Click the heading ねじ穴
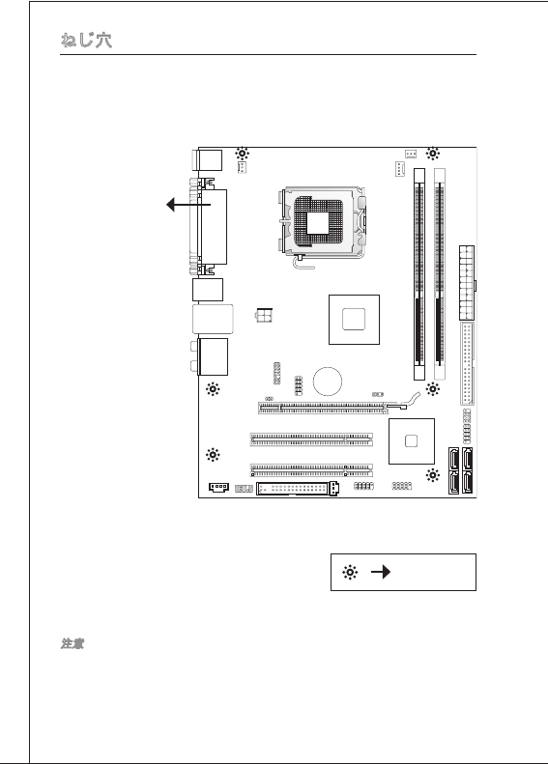coord(86,40)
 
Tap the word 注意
coord(72,643)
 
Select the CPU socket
coord(323,224)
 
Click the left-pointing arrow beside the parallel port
coord(188,205)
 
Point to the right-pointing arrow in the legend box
coord(381,572)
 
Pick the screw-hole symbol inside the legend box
coord(350,572)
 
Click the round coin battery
coord(327,381)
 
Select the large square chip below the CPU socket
coord(354,320)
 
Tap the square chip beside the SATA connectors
coord(412,441)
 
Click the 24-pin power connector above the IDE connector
coord(467,283)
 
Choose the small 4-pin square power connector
coord(264,315)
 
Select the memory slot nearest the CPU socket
coord(419,274)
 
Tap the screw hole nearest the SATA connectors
coord(432,475)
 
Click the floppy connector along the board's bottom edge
coord(298,488)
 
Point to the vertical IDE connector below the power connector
coord(467,363)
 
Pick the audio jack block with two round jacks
coord(210,356)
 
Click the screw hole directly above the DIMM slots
coord(432,154)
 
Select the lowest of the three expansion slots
coord(311,470)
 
